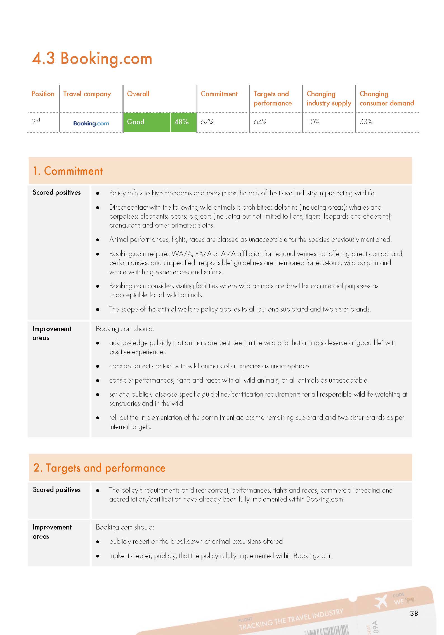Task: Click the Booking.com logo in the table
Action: click(91, 123)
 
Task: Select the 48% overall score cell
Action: click(181, 122)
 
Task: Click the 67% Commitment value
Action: click(207, 122)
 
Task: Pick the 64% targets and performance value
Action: click(260, 122)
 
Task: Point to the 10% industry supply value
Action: click(313, 122)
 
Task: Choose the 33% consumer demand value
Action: click(366, 122)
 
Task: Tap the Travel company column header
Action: click(87, 94)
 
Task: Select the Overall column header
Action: click(138, 94)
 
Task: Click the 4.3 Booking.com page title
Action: click(92, 58)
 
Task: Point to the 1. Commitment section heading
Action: click(68, 171)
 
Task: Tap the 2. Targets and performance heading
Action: click(99, 468)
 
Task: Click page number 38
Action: click(414, 613)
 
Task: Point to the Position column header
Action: click(43, 94)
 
